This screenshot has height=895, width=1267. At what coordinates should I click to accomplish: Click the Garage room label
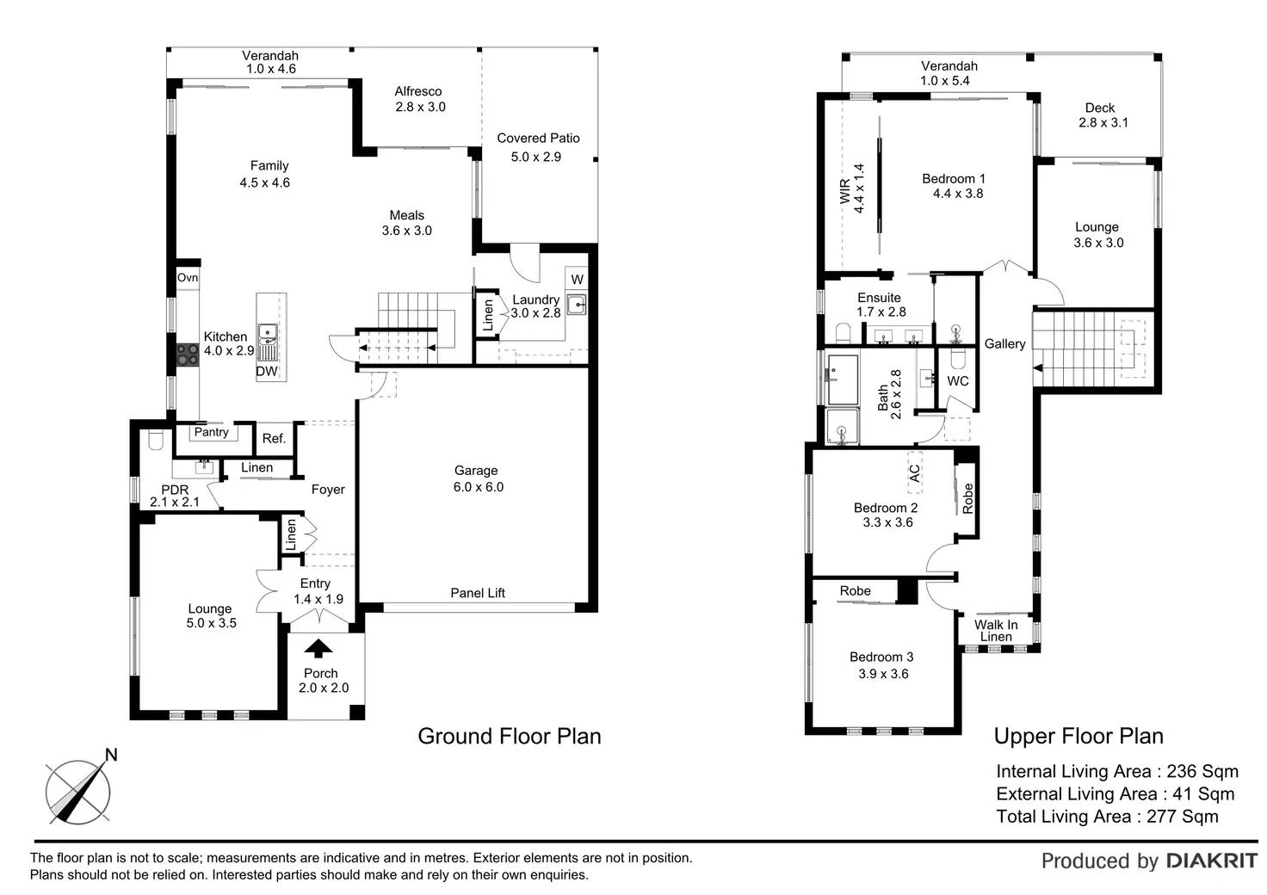tap(476, 471)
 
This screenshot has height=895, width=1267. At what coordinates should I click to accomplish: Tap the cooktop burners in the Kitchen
tap(188, 355)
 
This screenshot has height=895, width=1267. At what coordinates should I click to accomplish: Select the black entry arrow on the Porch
tap(318, 649)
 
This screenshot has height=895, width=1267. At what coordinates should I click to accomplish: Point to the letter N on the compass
tap(111, 755)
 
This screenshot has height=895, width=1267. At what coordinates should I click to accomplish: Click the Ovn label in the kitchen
tap(188, 278)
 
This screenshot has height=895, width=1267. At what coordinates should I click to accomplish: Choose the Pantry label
tap(212, 433)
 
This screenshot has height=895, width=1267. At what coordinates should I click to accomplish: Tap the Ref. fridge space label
tap(274, 439)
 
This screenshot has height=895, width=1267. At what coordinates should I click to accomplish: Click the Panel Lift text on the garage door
tap(478, 593)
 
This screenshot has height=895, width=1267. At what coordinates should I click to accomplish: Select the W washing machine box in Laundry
tap(577, 280)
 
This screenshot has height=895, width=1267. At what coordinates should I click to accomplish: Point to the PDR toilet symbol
tap(156, 440)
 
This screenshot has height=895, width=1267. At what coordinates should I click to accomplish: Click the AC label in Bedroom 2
tap(915, 473)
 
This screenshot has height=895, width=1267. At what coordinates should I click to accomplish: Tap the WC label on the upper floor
tap(958, 381)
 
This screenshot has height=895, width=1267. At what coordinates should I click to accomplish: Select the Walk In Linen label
tap(996, 631)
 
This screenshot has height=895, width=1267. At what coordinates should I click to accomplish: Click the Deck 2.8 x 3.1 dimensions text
tap(1103, 123)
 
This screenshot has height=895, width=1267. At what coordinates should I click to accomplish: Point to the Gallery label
tap(1004, 343)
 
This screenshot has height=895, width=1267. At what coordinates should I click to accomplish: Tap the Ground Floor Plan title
tap(509, 736)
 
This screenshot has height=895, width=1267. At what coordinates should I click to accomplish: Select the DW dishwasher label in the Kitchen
tap(267, 372)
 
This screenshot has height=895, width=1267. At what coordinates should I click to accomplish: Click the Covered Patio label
tap(538, 139)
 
